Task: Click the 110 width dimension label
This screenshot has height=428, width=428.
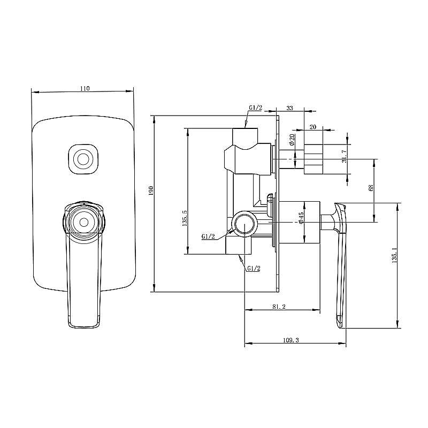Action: (x=84, y=88)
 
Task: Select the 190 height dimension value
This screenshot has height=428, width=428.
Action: (x=151, y=191)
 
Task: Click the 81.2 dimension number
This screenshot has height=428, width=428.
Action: (x=279, y=307)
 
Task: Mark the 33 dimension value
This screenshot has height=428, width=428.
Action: (x=289, y=108)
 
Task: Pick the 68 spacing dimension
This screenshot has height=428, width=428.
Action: (x=371, y=188)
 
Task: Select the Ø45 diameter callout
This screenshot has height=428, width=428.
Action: (x=301, y=218)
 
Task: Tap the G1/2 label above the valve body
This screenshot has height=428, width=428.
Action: (x=255, y=108)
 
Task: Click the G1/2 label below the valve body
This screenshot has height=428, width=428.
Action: (x=254, y=268)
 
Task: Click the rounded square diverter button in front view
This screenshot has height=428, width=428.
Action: (x=83, y=159)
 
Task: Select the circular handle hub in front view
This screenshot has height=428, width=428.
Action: (x=83, y=220)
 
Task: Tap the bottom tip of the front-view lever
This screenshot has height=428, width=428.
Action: (x=84, y=324)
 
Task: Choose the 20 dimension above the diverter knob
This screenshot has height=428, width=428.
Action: (x=312, y=127)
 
